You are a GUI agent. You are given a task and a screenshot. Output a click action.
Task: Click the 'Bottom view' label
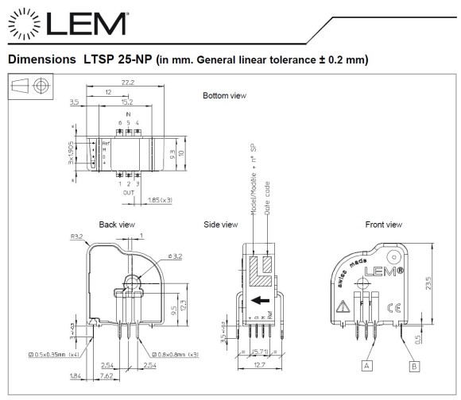click(224, 96)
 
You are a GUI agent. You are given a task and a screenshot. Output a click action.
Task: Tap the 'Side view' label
click(221, 225)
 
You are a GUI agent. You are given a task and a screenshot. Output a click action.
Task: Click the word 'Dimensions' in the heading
click(40, 60)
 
